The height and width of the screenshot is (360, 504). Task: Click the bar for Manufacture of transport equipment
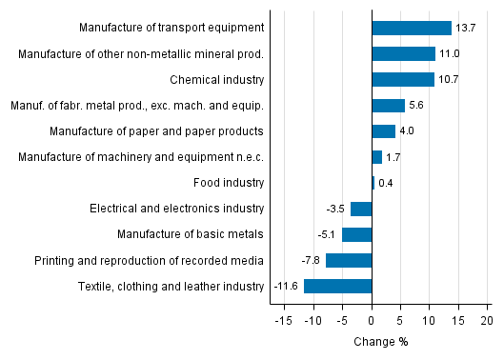pyautogui.click(x=411, y=29)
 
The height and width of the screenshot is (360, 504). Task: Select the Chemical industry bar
pyautogui.click(x=402, y=80)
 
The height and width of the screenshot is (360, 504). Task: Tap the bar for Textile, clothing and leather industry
pyautogui.click(x=337, y=286)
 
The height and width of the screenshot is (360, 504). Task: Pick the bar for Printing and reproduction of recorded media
pyautogui.click(x=349, y=260)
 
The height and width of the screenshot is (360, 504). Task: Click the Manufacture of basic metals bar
pyautogui.click(x=356, y=234)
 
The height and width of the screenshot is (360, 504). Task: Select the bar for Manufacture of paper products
pyautogui.click(x=383, y=131)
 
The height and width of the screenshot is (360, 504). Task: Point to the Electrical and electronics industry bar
pyautogui.click(x=361, y=209)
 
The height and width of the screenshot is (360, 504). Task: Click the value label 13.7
pyautogui.click(x=465, y=29)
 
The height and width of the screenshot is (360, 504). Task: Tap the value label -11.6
pyautogui.click(x=287, y=286)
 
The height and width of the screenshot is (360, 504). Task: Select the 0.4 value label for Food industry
pyautogui.click(x=386, y=183)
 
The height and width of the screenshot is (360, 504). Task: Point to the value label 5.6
pyautogui.click(x=417, y=106)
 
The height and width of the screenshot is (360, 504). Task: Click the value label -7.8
pyautogui.click(x=312, y=260)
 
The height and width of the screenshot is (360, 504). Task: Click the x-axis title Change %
pyautogui.click(x=380, y=342)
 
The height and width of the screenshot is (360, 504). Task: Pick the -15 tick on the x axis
pyautogui.click(x=283, y=321)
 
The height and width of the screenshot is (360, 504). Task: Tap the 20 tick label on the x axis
pyautogui.click(x=487, y=321)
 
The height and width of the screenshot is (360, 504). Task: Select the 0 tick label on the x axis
pyautogui.click(x=372, y=321)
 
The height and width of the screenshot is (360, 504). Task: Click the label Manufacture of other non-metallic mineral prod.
pyautogui.click(x=141, y=54)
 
